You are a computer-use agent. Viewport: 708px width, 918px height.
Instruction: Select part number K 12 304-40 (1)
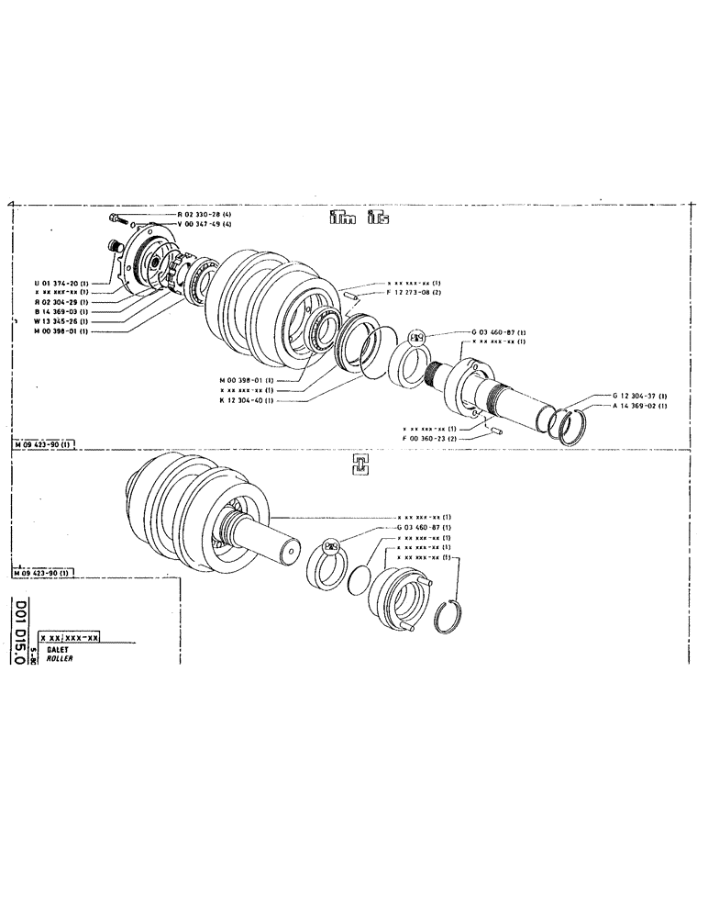(x=249, y=399)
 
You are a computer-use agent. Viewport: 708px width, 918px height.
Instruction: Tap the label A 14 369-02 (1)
(x=639, y=406)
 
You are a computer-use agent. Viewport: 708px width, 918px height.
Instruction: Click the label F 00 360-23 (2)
(x=434, y=439)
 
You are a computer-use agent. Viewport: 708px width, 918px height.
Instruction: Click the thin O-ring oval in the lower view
(x=361, y=580)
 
